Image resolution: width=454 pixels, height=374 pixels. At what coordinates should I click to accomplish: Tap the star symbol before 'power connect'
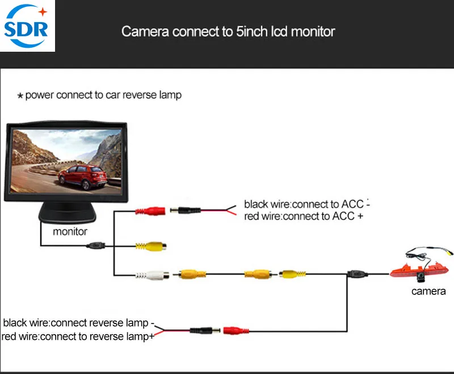(x=20, y=96)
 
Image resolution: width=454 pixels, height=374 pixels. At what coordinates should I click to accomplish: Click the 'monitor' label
(x=70, y=231)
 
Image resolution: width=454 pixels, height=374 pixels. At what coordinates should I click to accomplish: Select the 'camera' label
(x=428, y=292)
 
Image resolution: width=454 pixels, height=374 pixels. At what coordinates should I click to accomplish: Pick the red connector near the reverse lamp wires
(x=236, y=330)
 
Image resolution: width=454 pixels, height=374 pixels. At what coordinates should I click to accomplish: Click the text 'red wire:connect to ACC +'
(x=303, y=216)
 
